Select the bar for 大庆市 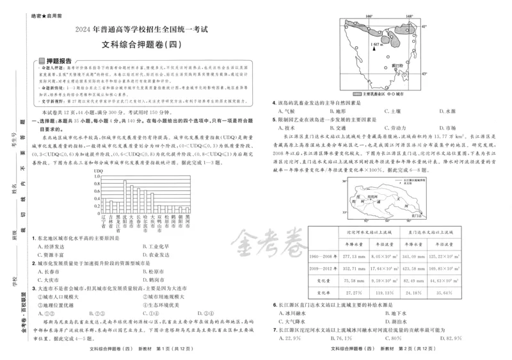(x=134, y=192)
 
